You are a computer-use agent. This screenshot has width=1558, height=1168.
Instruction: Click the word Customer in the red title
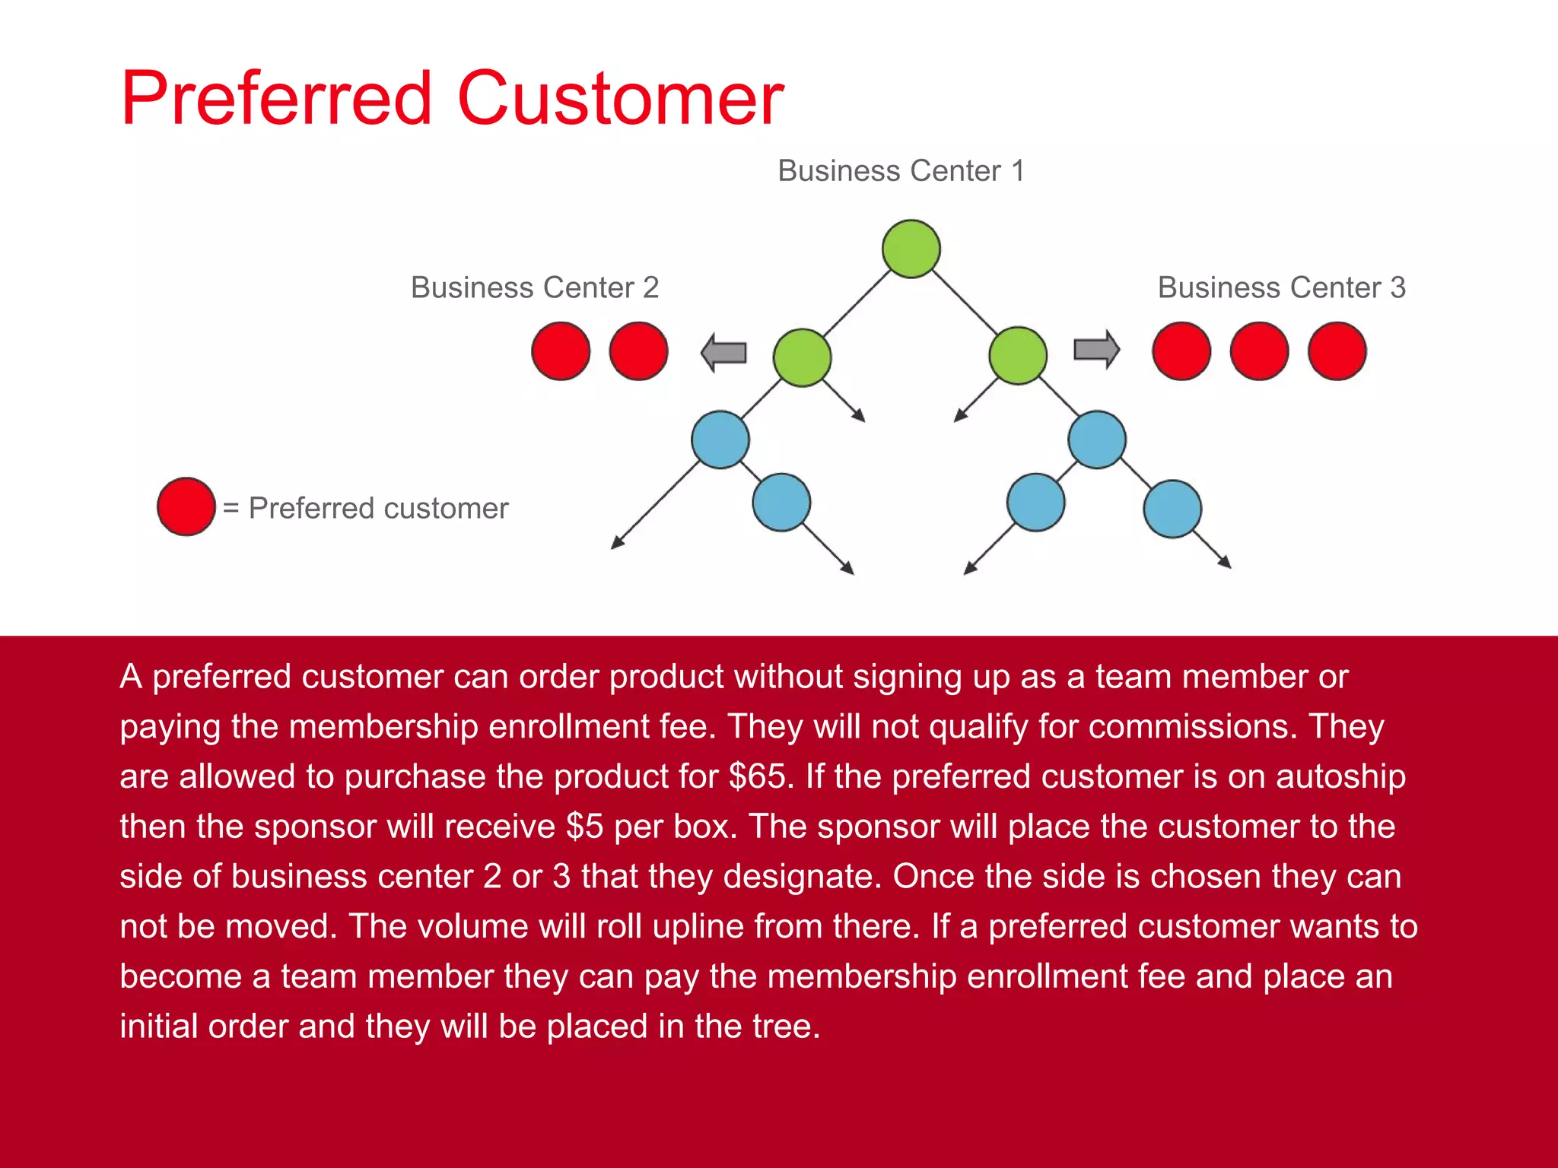click(620, 99)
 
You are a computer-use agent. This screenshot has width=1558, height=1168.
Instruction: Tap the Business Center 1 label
click(901, 171)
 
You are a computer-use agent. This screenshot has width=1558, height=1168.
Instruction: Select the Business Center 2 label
click(534, 288)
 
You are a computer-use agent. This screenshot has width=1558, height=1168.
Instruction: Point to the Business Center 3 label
click(1281, 288)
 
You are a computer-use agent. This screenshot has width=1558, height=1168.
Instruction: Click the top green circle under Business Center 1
click(911, 249)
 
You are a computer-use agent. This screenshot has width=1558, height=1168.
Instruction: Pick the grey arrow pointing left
click(723, 352)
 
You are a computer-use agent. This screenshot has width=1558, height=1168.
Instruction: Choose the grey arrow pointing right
click(1096, 350)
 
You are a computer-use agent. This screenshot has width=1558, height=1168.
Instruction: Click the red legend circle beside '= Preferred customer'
click(186, 506)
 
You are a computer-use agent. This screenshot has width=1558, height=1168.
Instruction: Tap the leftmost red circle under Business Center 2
click(561, 351)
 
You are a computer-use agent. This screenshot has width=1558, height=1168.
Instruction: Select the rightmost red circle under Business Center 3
click(1337, 351)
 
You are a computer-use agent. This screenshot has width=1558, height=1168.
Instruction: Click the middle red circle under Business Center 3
click(1259, 351)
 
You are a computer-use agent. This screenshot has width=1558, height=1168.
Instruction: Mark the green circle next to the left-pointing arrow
click(802, 357)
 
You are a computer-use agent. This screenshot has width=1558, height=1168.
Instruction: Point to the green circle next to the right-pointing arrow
click(1018, 355)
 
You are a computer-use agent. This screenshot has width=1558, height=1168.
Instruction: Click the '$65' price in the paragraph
click(757, 776)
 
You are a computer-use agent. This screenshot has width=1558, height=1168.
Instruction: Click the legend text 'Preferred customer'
click(378, 508)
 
